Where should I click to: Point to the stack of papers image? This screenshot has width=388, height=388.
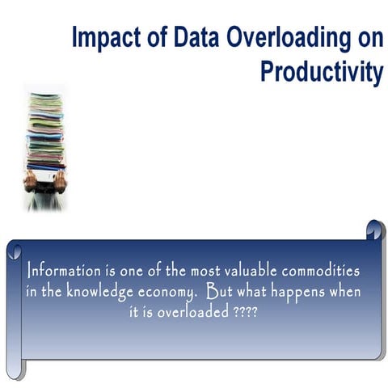tap(46, 129)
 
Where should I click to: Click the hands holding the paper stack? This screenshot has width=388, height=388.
tap(46, 180)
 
